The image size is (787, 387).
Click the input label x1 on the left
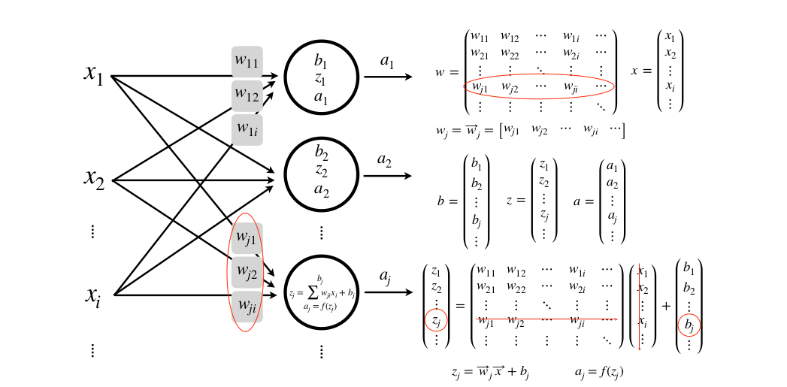coord(94,74)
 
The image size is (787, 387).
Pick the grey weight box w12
coord(247,95)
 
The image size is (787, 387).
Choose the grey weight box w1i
coord(247,129)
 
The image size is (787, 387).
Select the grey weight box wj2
coord(247,272)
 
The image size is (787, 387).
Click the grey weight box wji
coord(247,305)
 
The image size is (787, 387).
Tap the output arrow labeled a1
coord(387,77)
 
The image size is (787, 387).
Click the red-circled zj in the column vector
coord(435,322)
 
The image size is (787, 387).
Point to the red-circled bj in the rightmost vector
coord(689,325)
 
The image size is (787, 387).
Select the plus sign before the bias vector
coord(665,305)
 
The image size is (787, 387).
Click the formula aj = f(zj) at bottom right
coord(598,371)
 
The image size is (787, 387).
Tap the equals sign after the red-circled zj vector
coord(459,305)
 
